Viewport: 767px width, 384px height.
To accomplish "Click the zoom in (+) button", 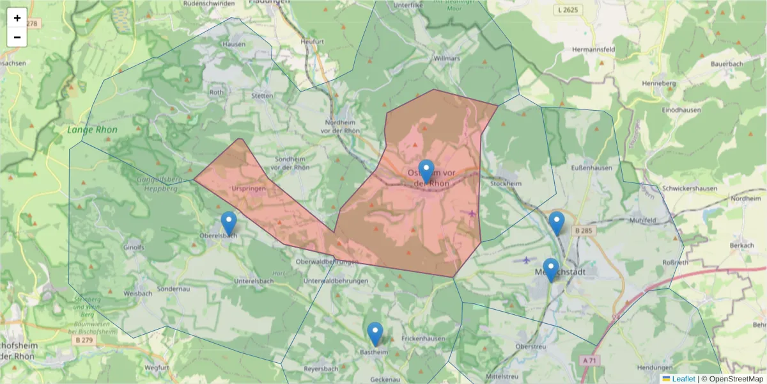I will point(17,18).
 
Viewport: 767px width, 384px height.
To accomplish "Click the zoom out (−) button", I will point(17,37).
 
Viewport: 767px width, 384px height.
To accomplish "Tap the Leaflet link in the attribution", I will point(683,379).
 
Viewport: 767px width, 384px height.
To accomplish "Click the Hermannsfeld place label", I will point(594,49).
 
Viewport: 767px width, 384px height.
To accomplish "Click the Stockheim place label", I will point(506,183).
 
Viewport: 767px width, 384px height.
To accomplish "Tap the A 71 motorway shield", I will point(591,360).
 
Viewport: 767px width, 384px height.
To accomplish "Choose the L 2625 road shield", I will point(567,10).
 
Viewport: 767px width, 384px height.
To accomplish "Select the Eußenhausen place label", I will point(591,168).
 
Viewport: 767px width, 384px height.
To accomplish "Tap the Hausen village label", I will point(233,44).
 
